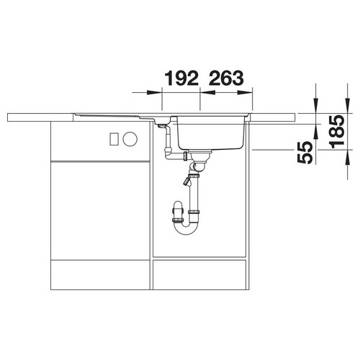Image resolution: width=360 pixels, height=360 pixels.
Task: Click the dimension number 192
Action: [181, 78]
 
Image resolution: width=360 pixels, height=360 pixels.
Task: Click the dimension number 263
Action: [226, 78]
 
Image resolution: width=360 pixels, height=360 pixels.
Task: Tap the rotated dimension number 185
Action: [336, 132]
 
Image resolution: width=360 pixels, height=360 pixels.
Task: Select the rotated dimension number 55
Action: [305, 153]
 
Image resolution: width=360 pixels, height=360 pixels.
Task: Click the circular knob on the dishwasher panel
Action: [130, 139]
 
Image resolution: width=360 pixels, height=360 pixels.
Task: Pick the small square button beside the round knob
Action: [114, 139]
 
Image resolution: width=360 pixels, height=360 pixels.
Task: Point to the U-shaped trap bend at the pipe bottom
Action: [185, 228]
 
